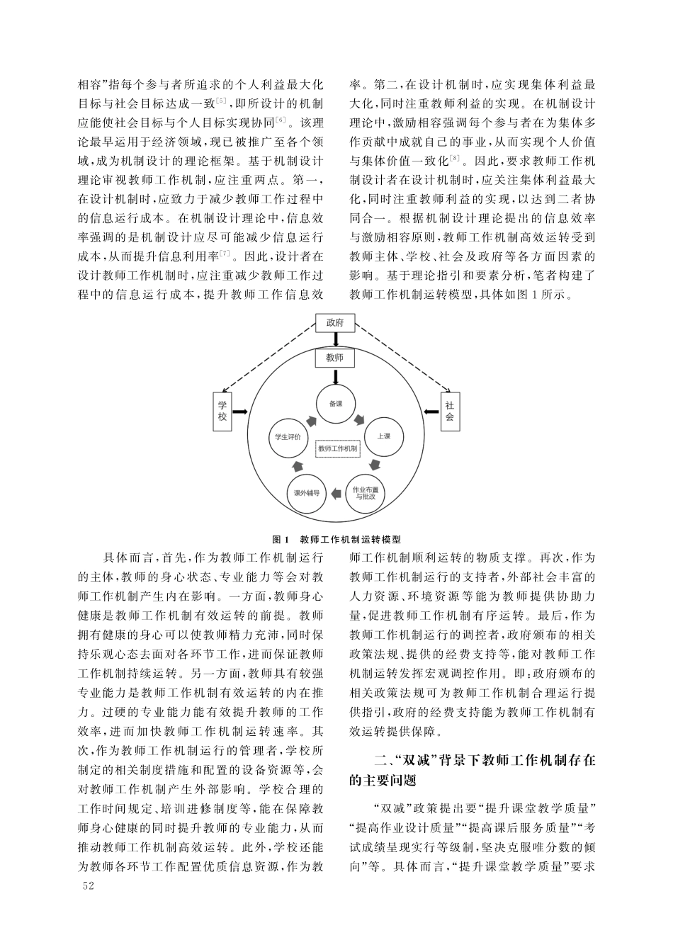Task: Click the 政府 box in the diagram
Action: tap(335, 323)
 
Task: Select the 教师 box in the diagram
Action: tap(335, 358)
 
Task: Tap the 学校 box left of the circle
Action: tap(222, 412)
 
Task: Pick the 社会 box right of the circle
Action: tap(449, 412)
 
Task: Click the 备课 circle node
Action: tap(335, 404)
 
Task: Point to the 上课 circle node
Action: tap(383, 436)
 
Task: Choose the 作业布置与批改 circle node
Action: tap(365, 493)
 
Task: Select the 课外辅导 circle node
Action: tap(306, 493)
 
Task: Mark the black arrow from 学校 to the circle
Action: tap(240, 412)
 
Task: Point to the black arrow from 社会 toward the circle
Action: tap(431, 412)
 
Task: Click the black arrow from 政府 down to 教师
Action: tap(335, 341)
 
